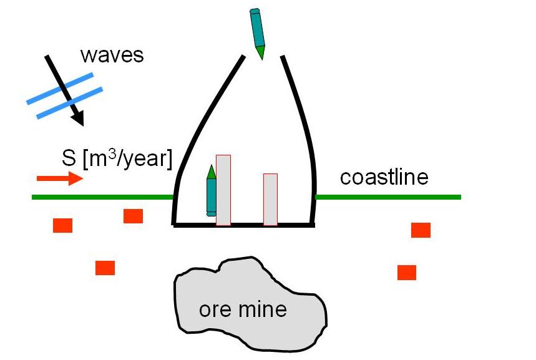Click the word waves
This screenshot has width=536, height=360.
[112, 55]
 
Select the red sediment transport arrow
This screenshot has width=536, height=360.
[59, 179]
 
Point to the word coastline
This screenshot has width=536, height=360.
[384, 177]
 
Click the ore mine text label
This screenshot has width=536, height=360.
[243, 309]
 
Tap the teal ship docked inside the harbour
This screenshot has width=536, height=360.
[212, 191]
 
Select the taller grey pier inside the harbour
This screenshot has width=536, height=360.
[223, 190]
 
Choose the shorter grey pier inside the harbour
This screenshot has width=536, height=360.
[270, 199]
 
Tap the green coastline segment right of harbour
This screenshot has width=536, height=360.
[387, 197]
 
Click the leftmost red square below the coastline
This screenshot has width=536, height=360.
[62, 225]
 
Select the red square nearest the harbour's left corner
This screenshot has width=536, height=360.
[133, 216]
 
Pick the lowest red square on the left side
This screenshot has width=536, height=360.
[105, 268]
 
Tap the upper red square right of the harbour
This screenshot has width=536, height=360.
[421, 230]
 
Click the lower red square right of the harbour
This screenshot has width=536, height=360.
[407, 272]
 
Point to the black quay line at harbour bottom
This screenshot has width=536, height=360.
[243, 225]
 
